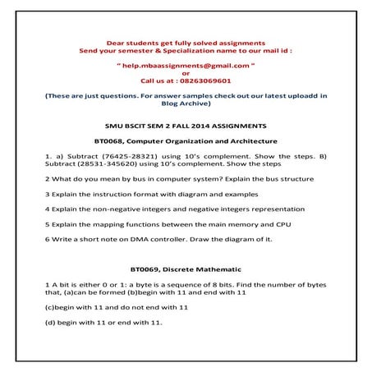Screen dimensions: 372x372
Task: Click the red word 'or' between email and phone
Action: click(x=186, y=72)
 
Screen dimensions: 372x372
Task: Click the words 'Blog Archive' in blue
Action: click(x=186, y=104)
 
